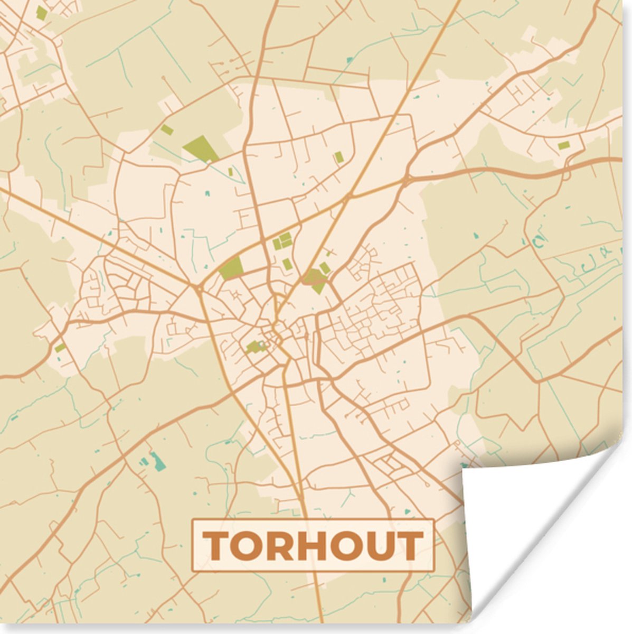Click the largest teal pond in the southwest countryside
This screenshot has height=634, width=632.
pos(157,461)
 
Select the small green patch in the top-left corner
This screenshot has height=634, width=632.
pos(41,13)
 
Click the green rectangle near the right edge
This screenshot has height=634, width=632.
pos(564,145)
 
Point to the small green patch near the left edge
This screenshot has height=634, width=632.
pos(60,348)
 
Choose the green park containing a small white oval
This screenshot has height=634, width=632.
pos(256,347)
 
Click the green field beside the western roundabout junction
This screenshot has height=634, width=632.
pos(231,268)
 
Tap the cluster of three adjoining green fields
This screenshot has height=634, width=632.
pos(282,242)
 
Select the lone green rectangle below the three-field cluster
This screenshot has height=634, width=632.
pos(286,264)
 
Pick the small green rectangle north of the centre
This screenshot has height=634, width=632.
pos(338,157)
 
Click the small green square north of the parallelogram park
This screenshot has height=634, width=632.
pos(167,129)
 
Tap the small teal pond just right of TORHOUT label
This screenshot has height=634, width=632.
pos(406,511)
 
